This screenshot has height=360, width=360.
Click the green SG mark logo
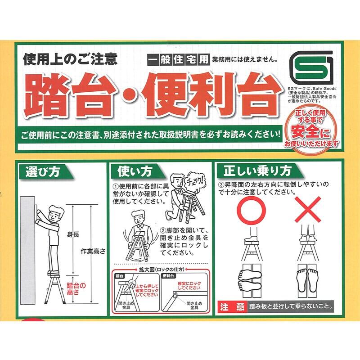click(x=311, y=68)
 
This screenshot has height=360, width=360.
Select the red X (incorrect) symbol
click(x=308, y=210)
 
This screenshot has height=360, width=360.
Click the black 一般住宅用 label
click(x=178, y=60)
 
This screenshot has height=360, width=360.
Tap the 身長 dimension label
click(x=73, y=234)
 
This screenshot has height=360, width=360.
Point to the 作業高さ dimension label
click(x=93, y=252)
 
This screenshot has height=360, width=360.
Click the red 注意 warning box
click(x=232, y=307)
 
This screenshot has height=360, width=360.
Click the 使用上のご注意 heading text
click(x=70, y=59)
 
